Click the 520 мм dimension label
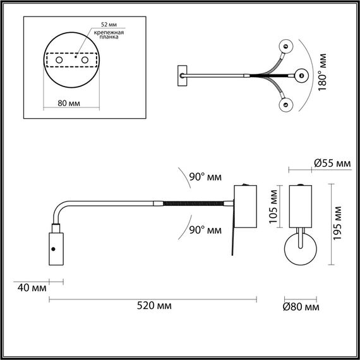point(155,306)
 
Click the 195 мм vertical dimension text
point(339,217)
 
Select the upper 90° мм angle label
point(205,176)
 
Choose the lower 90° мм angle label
point(205,230)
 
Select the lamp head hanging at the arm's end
point(55,250)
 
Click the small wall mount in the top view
point(183,74)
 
